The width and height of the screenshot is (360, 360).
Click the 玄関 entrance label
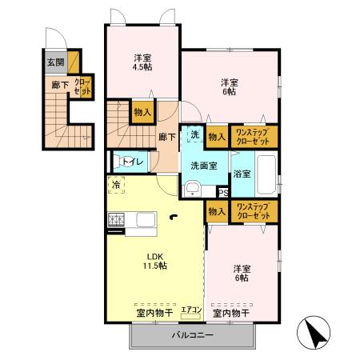point(54,62)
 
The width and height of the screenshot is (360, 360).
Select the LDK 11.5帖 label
point(155,260)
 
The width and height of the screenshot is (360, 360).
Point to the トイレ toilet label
point(133,162)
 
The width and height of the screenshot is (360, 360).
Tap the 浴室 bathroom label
point(242,174)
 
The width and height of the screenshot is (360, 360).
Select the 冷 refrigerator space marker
point(116,186)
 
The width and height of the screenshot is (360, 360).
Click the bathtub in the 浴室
point(266,173)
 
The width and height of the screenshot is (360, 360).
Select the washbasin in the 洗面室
point(191,189)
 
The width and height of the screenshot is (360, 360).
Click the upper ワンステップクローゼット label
point(253,137)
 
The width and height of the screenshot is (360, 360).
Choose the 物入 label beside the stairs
point(142,112)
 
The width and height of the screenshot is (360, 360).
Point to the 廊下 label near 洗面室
point(166,137)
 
